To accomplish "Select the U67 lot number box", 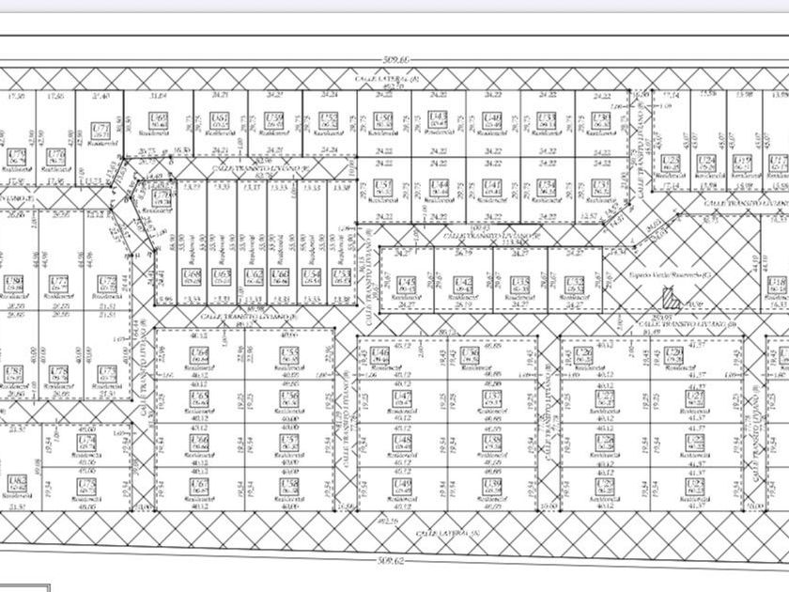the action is (x=198, y=486).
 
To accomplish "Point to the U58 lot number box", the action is (x=289, y=486).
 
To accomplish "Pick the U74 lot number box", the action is (x=87, y=441).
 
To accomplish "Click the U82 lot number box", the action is (x=16, y=484).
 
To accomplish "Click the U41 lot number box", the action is (x=491, y=186).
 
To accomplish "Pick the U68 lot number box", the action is (x=193, y=275).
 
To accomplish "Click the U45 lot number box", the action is (x=407, y=284).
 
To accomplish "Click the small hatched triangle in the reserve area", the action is (x=671, y=299).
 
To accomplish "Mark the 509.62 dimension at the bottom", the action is (x=392, y=560).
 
